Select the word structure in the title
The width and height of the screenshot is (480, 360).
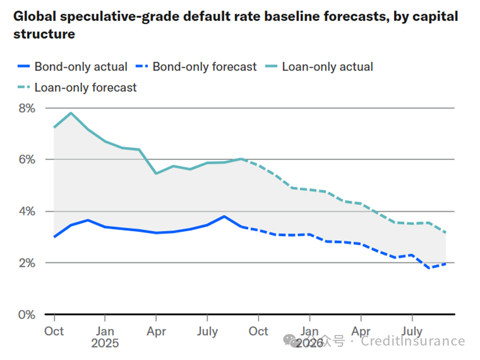pyautogui.click(x=44, y=34)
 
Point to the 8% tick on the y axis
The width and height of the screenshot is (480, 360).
pyautogui.click(x=27, y=108)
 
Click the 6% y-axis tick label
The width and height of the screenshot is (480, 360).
pyautogui.click(x=27, y=159)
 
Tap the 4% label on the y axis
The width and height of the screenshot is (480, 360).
pyautogui.click(x=27, y=211)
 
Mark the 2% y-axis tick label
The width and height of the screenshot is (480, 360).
pyautogui.click(x=27, y=263)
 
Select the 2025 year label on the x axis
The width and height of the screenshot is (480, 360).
pyautogui.click(x=105, y=344)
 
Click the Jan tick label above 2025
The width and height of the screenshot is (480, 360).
pyautogui.click(x=105, y=331)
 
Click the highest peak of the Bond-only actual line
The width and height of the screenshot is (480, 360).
pyautogui.click(x=224, y=216)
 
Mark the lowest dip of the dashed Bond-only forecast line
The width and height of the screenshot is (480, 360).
pyautogui.click(x=429, y=268)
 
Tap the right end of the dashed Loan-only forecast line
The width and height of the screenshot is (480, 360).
pyautogui.click(x=446, y=233)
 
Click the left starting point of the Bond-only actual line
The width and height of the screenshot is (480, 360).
pyautogui.click(x=54, y=237)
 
